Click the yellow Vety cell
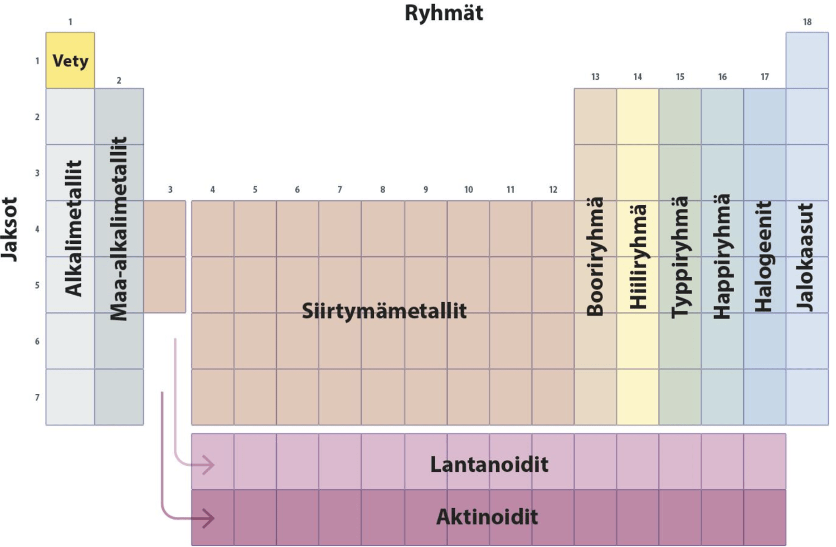(x=70, y=60)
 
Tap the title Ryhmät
(x=444, y=13)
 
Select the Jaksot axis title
(x=10, y=228)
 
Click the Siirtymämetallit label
(x=384, y=311)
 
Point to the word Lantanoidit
(x=489, y=465)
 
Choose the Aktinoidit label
(x=487, y=517)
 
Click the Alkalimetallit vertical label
(x=74, y=228)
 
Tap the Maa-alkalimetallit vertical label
(x=119, y=228)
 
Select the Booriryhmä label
(x=595, y=256)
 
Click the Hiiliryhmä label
(x=638, y=256)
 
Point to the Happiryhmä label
(x=722, y=256)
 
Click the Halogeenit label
(x=764, y=256)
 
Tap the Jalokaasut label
(x=806, y=256)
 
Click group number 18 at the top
(x=807, y=22)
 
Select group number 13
(x=595, y=77)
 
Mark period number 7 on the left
(x=37, y=398)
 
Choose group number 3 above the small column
(x=170, y=190)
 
